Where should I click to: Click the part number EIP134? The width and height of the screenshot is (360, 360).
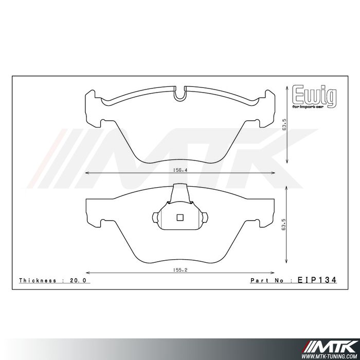[317, 280]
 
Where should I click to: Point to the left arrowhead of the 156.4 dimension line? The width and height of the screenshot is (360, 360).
[86, 172]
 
